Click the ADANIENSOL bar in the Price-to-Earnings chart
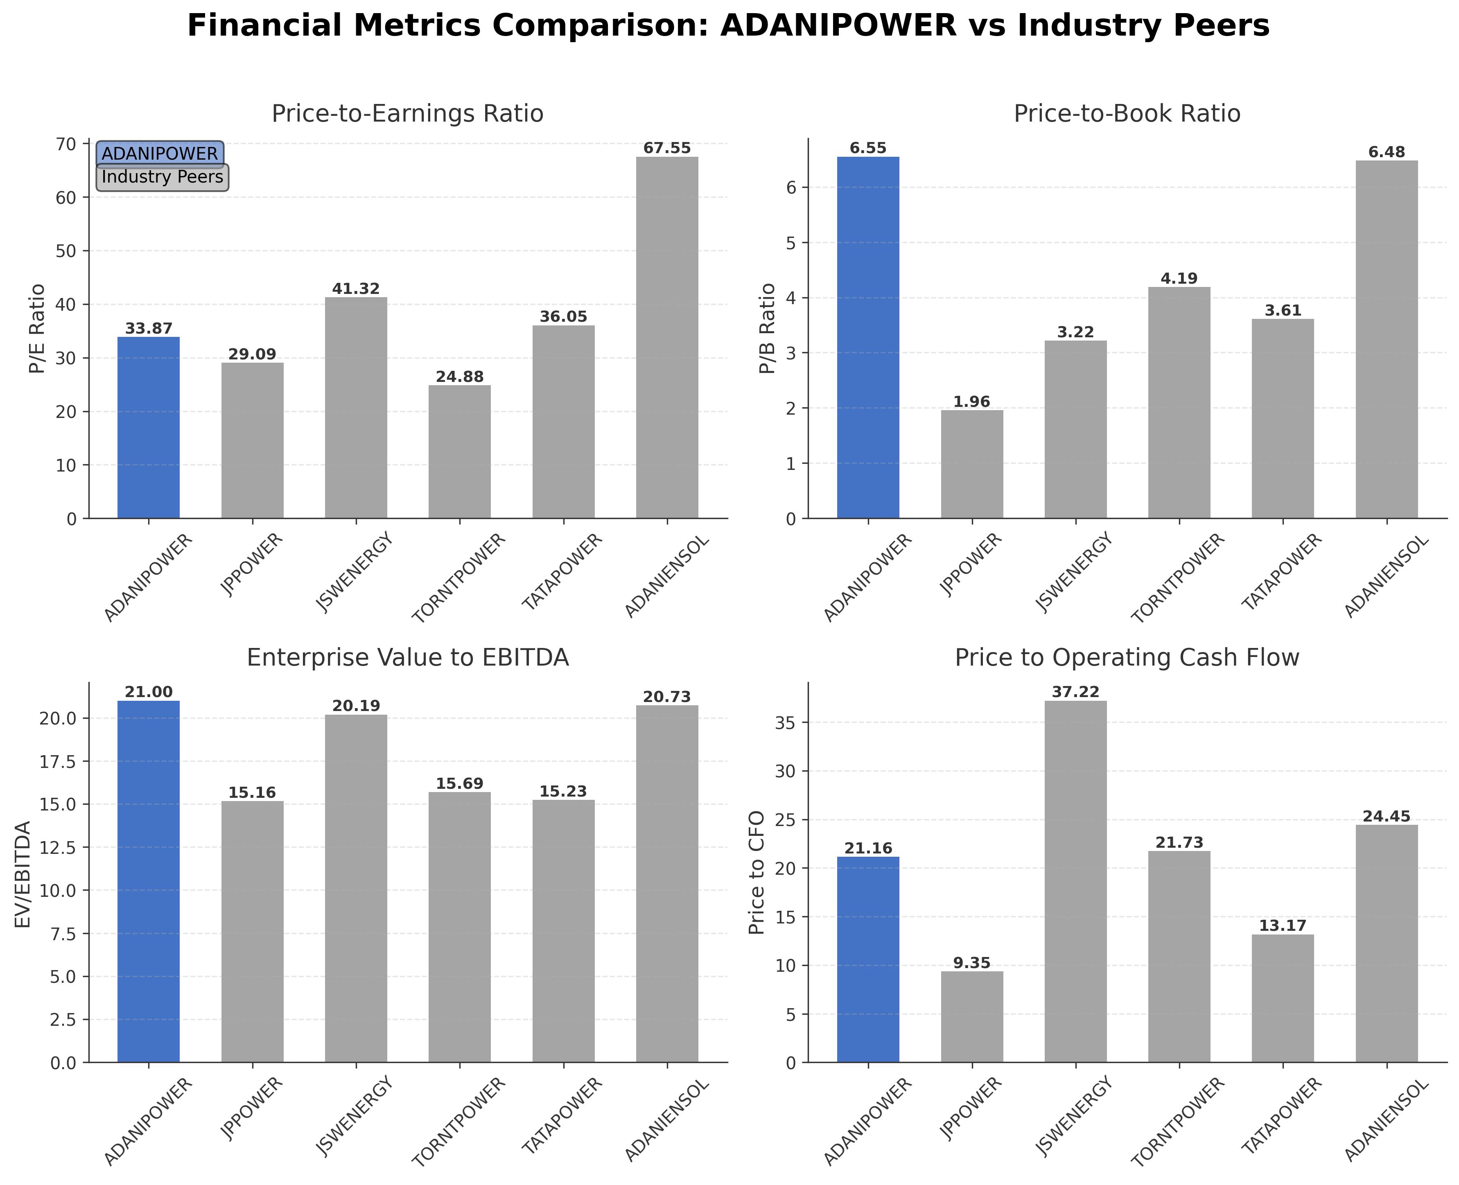(x=667, y=337)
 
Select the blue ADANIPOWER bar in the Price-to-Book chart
(x=868, y=337)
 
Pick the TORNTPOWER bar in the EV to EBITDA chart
(x=459, y=927)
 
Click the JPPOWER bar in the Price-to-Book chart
(x=971, y=464)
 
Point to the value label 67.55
(x=667, y=148)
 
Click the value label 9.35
(x=971, y=963)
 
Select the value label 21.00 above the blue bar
(x=149, y=692)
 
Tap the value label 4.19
(x=1179, y=278)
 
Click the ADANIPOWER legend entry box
(x=160, y=153)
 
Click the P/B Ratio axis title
(x=768, y=328)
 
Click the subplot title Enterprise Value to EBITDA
(x=408, y=657)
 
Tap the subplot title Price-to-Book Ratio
(x=1127, y=113)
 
